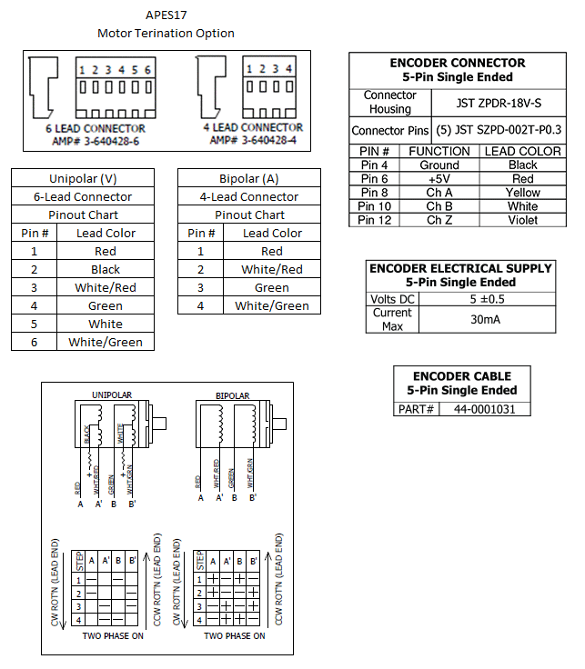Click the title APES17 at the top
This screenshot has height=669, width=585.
[166, 15]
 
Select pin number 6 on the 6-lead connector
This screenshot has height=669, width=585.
[147, 70]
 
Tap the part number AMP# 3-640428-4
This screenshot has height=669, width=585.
[253, 140]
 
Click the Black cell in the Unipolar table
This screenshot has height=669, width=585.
[106, 269]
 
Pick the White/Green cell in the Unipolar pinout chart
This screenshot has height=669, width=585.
[106, 342]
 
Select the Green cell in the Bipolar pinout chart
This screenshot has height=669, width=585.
[272, 287]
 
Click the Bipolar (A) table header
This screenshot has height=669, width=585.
[249, 178]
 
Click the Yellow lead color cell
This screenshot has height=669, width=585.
[523, 193]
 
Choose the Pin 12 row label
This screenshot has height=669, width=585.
[374, 220]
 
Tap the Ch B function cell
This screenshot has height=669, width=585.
[439, 206]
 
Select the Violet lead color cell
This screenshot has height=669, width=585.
[523, 220]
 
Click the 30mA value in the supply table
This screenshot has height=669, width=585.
[484, 319]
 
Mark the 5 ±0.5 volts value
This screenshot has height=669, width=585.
[484, 298]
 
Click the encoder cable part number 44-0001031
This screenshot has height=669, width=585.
[484, 409]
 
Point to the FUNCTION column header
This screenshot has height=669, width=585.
[439, 151]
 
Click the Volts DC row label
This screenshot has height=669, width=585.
[392, 298]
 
